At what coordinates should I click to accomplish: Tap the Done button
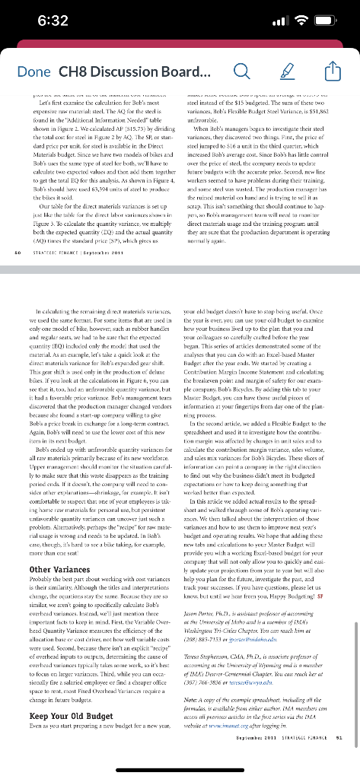tap(31, 73)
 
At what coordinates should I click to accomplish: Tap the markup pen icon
tap(288, 73)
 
